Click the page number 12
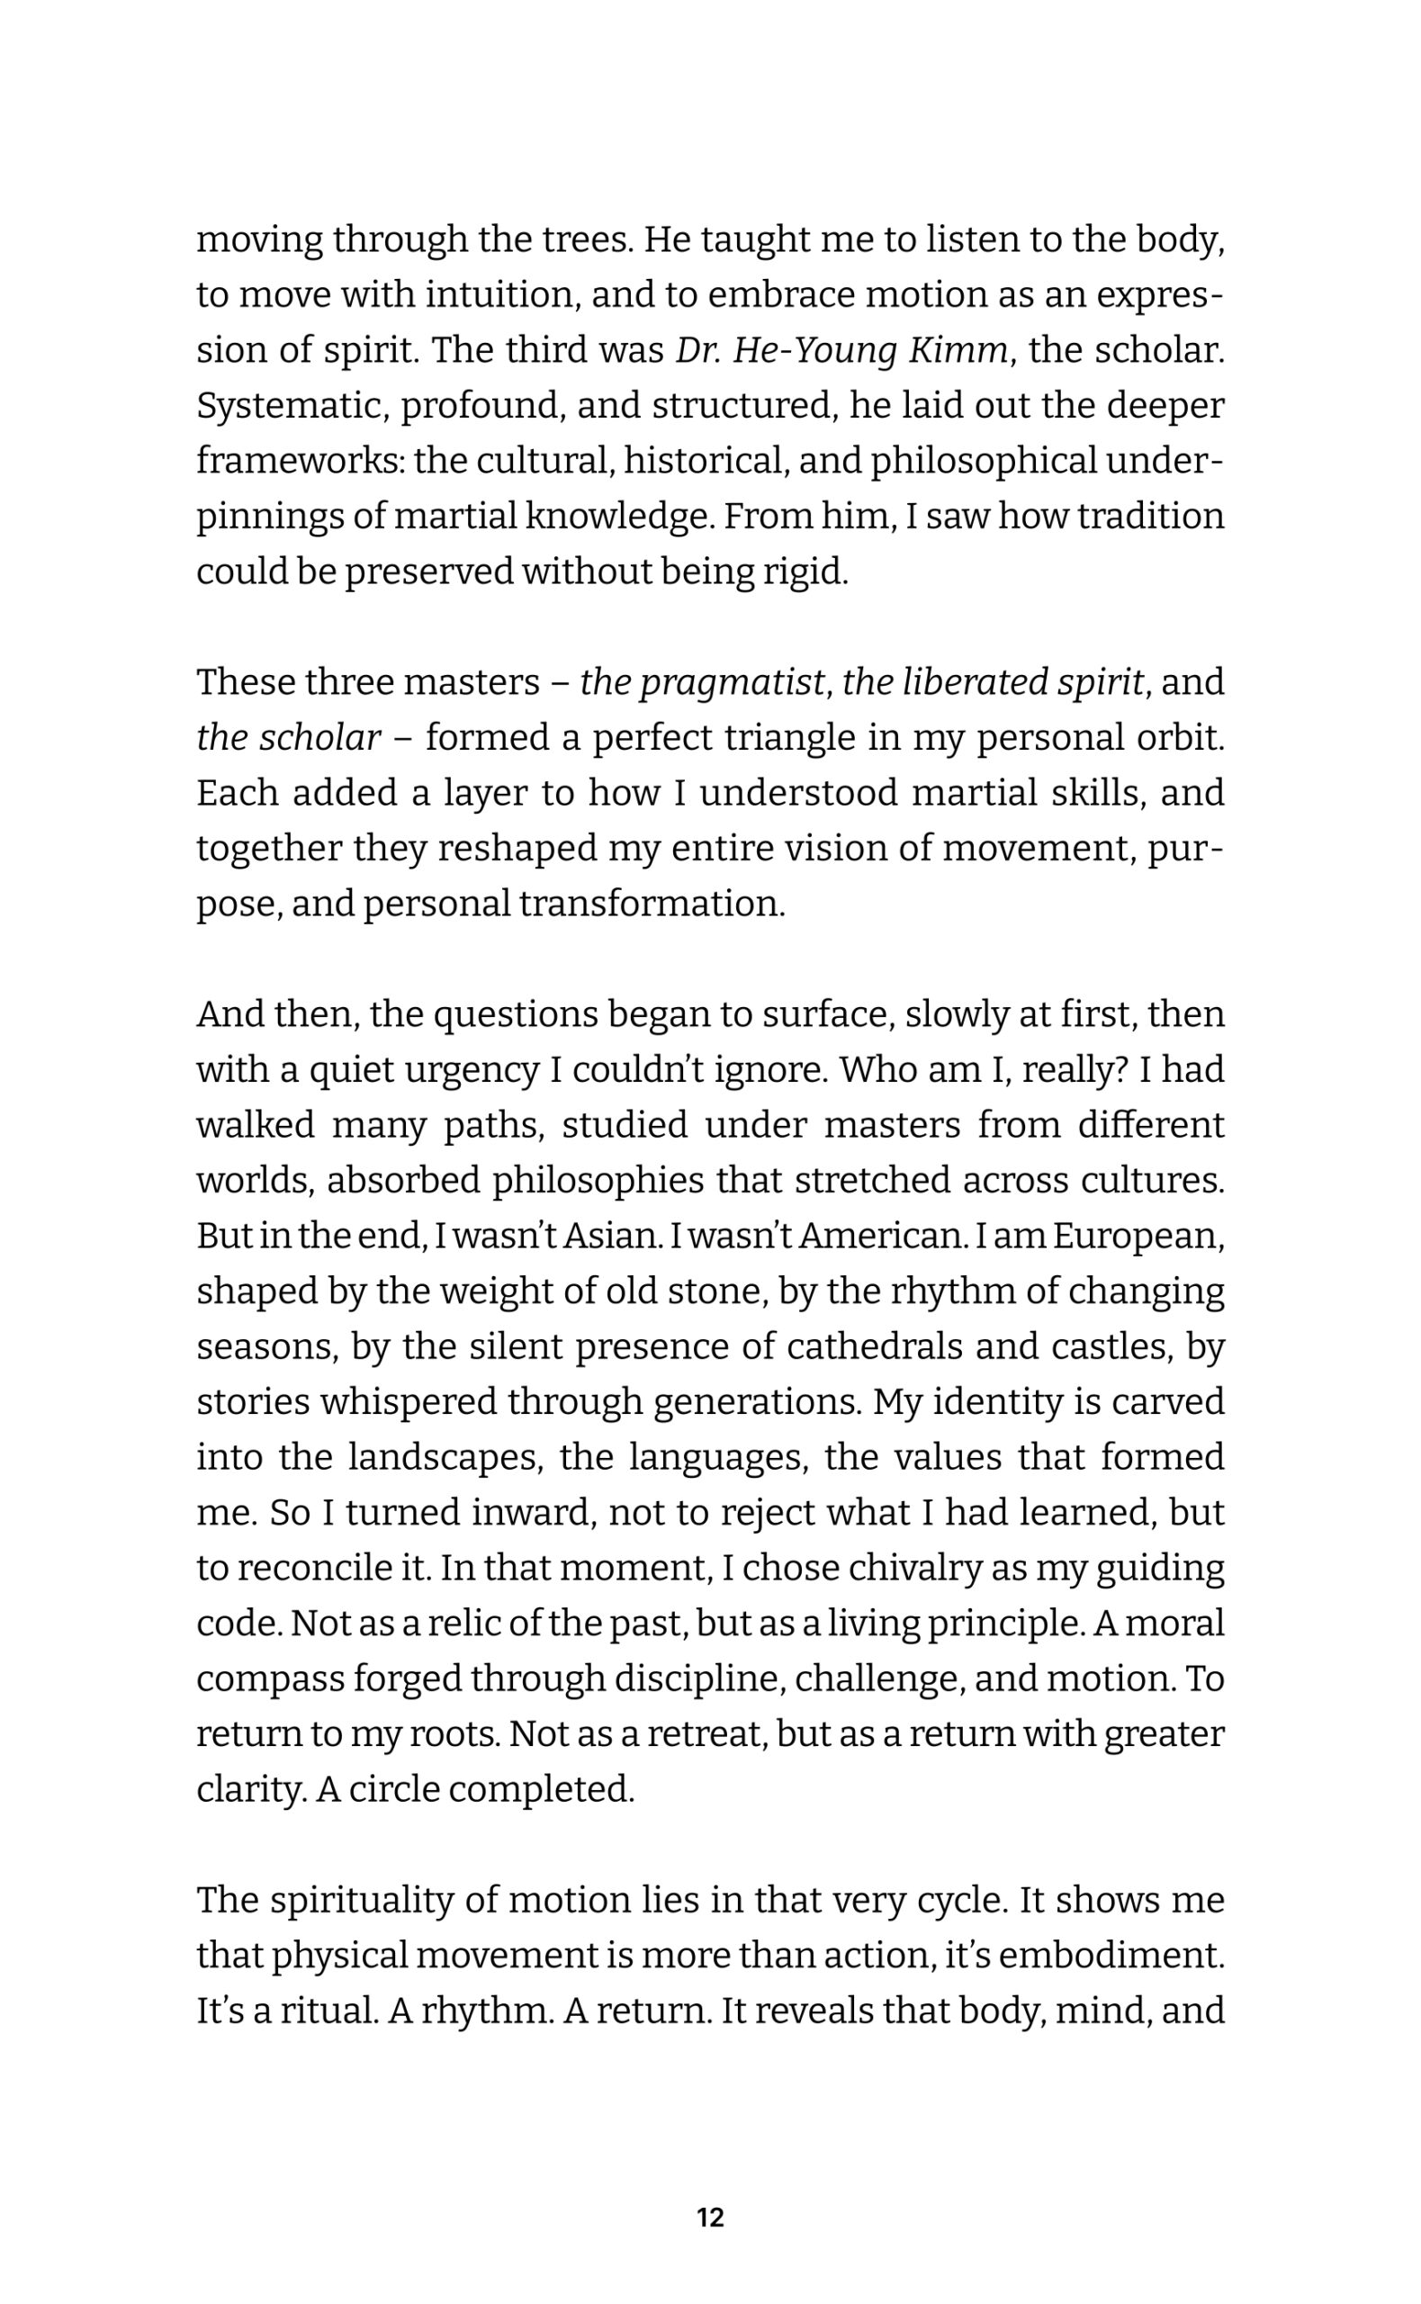[711, 2218]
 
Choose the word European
[1138, 1237]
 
